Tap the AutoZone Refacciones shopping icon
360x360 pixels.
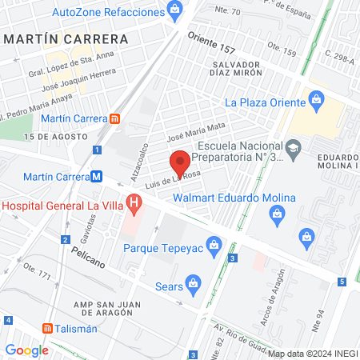[x=175, y=10]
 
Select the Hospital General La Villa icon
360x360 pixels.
[x=134, y=205]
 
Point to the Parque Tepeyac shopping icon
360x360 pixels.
[x=214, y=247]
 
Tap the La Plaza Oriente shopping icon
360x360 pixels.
[x=318, y=102]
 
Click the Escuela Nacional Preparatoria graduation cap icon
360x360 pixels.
[x=294, y=149]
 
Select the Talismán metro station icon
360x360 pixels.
[x=48, y=328]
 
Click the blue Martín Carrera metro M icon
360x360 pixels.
[x=96, y=177]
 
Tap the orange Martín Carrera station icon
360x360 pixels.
[x=115, y=120]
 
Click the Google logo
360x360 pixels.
[x=26, y=350]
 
